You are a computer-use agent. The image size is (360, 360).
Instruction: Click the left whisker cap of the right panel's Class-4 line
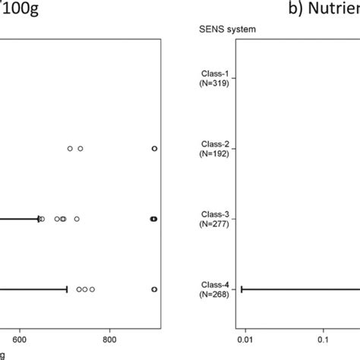242,289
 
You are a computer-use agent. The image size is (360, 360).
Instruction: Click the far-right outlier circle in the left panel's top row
154,149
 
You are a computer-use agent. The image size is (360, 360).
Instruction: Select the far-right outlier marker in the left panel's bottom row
154,289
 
